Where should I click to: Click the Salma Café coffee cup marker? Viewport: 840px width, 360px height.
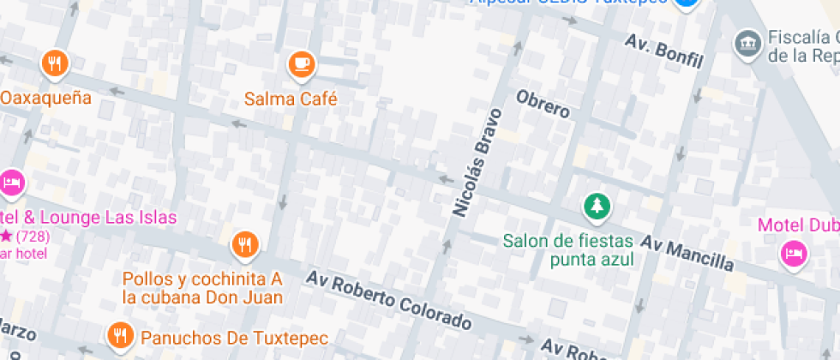pos(301,63)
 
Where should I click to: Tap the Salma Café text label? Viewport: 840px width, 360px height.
pos(291,99)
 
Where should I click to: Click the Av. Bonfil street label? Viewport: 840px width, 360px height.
pos(663,51)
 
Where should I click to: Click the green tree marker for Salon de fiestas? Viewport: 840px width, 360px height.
pos(597,206)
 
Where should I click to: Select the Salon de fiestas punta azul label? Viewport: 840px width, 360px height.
pos(568,249)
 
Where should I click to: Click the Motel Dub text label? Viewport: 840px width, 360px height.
pos(797,225)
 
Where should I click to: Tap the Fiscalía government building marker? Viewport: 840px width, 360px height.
pos(748,41)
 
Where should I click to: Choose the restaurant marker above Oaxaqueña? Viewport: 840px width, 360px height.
pos(55,63)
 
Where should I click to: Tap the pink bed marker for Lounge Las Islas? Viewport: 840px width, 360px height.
pos(11,183)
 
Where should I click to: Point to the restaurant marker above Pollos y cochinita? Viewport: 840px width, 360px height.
pos(245,245)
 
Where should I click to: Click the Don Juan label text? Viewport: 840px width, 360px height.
pos(202,297)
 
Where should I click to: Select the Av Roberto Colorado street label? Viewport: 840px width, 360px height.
pos(389,301)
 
